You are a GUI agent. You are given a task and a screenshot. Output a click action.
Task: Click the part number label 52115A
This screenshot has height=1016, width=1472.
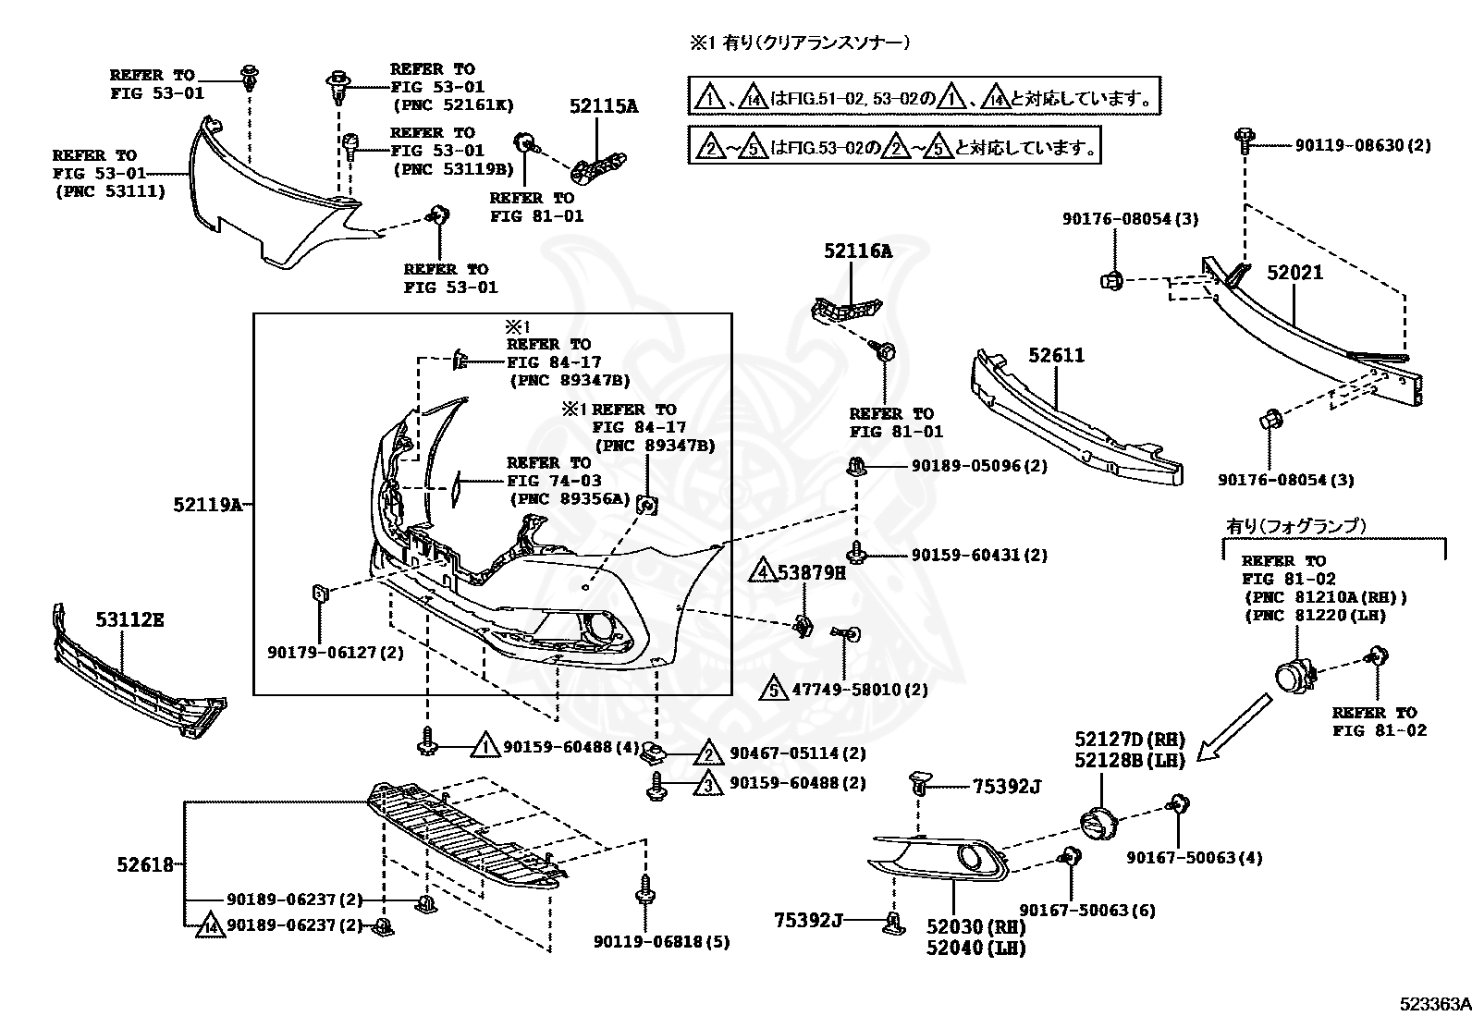[x=603, y=106]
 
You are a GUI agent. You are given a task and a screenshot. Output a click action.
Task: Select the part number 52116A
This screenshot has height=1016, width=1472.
[x=857, y=250]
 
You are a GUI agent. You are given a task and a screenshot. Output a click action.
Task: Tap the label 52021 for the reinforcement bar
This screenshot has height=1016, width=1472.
[x=1294, y=273]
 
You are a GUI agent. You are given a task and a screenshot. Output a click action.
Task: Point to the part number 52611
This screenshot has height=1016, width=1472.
[x=1057, y=356]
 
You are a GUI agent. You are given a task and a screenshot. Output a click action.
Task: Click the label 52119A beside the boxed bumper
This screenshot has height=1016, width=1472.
[x=207, y=505]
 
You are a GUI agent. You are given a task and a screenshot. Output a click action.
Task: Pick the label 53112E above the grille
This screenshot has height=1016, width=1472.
[x=129, y=619]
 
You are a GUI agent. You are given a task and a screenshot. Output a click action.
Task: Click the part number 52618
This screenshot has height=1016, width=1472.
[x=145, y=865]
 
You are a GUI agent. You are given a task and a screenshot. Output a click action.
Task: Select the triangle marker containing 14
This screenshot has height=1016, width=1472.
[x=210, y=925]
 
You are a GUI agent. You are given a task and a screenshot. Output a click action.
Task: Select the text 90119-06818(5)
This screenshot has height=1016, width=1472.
[x=661, y=942]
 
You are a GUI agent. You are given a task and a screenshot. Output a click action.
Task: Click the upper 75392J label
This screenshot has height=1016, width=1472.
[x=1006, y=787]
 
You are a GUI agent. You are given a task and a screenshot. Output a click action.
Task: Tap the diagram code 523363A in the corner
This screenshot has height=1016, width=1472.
[x=1433, y=1003]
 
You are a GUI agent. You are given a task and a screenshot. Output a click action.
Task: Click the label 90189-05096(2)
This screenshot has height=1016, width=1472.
[x=979, y=466]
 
